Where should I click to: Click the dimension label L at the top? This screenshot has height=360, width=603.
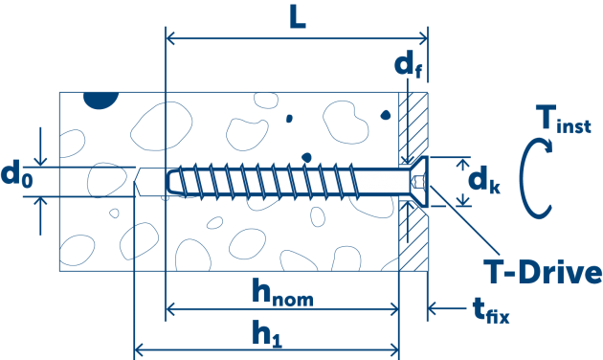298,19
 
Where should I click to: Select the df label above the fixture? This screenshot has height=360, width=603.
405,66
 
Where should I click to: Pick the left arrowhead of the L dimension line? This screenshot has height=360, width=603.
173,39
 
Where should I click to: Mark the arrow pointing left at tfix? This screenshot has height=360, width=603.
432,308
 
